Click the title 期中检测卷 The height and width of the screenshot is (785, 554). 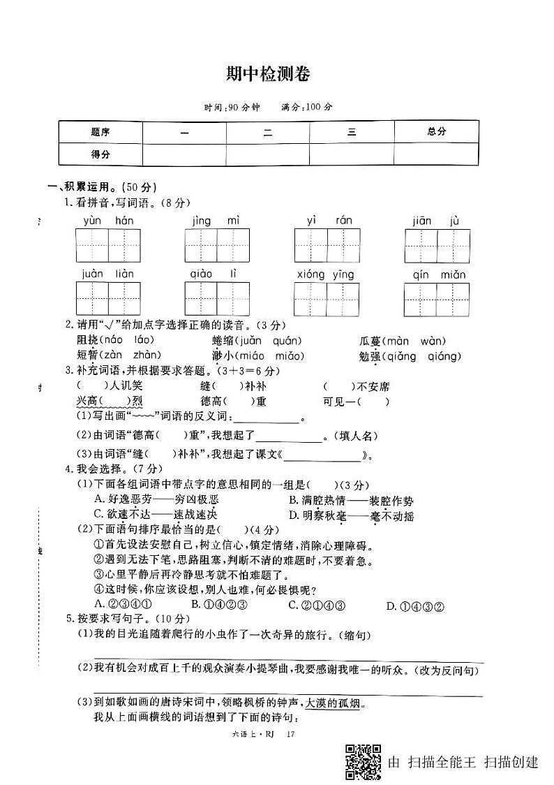268,74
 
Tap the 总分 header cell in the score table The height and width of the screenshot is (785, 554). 436,131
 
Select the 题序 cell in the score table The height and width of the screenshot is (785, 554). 100,131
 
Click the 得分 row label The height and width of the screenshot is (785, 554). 100,154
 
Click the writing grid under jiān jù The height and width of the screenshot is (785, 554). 437,245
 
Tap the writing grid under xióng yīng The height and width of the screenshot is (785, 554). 327,298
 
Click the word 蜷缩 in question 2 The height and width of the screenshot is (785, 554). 224,341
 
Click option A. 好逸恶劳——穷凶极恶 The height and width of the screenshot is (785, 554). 156,500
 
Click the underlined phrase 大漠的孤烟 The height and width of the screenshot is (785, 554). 330,703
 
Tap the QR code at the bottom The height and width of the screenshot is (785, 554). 364,762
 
